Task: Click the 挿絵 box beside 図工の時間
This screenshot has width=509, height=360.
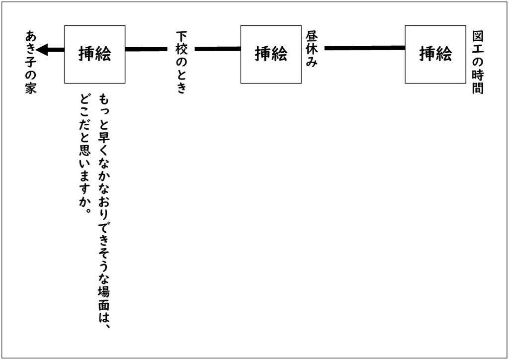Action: (x=435, y=55)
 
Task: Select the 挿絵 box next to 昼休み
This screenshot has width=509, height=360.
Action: (x=271, y=55)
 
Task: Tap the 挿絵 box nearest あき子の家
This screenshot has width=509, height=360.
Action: (x=95, y=55)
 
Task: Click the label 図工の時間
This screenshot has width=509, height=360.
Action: (x=478, y=62)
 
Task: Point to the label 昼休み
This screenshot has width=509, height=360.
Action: (x=311, y=49)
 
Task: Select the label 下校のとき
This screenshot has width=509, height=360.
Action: (x=181, y=62)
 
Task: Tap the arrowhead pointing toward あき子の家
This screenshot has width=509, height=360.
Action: (x=42, y=50)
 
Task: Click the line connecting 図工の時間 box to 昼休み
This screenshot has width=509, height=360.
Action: (x=364, y=48)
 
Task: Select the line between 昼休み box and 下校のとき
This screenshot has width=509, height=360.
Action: (x=218, y=49)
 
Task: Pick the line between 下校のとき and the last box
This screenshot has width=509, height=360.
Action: (x=146, y=49)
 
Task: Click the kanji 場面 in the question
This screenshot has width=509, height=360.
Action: (x=104, y=298)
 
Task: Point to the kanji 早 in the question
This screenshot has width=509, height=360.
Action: (x=104, y=136)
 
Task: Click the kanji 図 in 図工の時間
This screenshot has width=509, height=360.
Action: (x=478, y=37)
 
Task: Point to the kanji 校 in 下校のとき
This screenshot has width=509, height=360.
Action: (x=181, y=49)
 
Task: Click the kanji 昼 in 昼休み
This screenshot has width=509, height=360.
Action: (x=311, y=37)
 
